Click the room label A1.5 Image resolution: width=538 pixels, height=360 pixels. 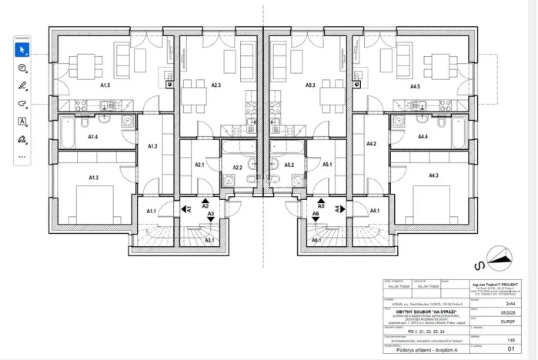tap(105, 86)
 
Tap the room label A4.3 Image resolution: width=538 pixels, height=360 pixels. tap(434, 176)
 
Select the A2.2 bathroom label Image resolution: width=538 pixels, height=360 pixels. tap(237, 167)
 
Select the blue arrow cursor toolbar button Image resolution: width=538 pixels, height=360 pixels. tap(22, 49)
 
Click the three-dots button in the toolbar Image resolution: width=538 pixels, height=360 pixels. tap(22, 156)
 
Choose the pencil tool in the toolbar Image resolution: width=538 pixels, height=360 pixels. tap(22, 85)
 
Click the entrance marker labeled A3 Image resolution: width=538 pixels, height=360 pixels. tap(210, 213)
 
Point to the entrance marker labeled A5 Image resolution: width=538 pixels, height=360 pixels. tap(321, 207)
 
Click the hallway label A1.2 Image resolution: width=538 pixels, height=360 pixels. tap(152, 145)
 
